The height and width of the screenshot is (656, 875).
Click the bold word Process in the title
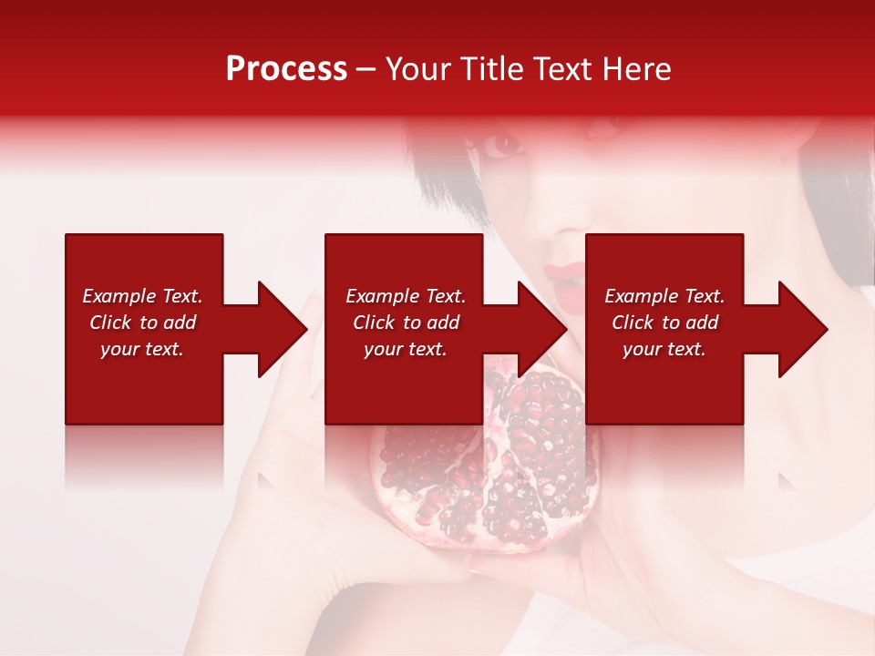tap(286, 69)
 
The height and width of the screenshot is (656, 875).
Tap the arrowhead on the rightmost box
tap(801, 329)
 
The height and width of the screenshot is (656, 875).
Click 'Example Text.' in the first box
tap(142, 296)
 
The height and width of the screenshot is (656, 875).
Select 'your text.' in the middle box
tap(405, 349)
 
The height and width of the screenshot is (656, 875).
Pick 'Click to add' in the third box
tap(664, 323)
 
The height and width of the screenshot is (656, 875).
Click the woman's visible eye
tap(504, 144)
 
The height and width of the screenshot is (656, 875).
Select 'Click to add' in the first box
tap(142, 323)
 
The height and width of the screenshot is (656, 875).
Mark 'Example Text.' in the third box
tap(664, 296)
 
